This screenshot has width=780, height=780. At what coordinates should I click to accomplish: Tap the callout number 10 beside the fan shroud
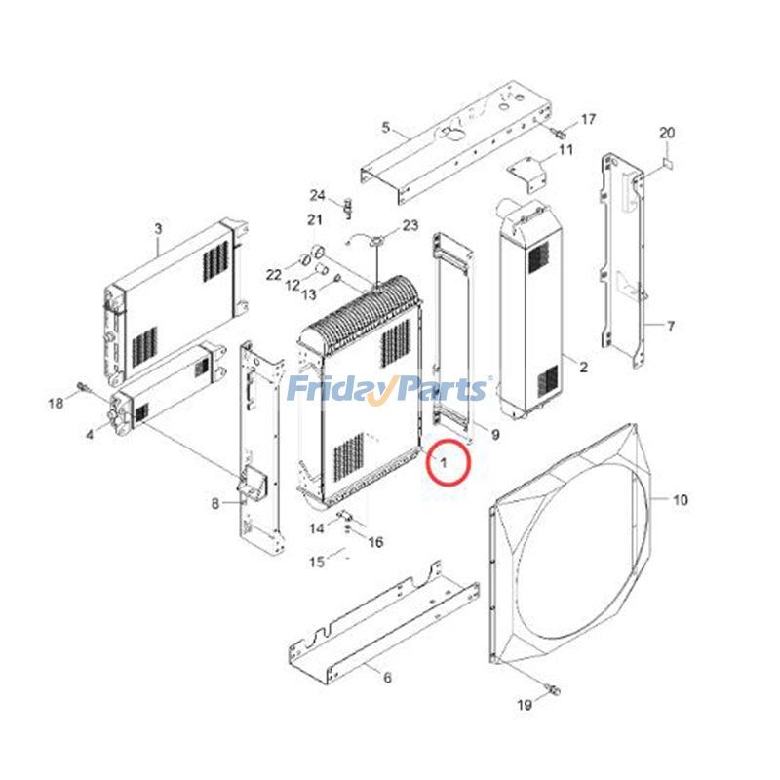[x=680, y=500]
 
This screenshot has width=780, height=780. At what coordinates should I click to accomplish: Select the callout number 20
[x=667, y=133]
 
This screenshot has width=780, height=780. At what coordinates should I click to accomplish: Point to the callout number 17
[x=588, y=119]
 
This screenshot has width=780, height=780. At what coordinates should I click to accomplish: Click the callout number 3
[x=158, y=229]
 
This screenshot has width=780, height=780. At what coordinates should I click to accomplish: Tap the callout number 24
[x=317, y=194]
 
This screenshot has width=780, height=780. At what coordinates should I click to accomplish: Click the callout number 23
[x=409, y=225]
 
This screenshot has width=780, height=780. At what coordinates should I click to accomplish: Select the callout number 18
[x=56, y=403]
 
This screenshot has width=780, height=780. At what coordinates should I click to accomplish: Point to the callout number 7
[x=671, y=325]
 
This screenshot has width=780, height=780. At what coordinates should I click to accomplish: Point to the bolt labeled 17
[x=560, y=131]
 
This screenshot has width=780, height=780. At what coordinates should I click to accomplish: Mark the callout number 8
[x=215, y=503]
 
